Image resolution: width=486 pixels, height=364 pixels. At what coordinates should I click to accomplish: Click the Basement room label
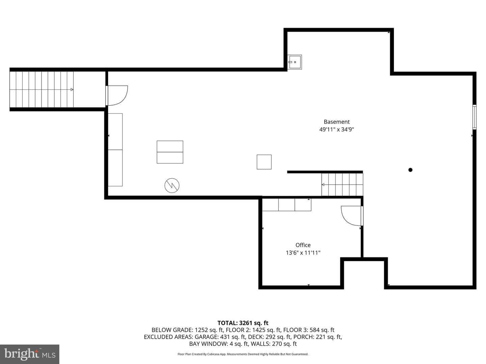click(x=336, y=122)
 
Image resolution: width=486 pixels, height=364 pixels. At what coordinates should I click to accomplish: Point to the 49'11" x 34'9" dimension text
click(x=336, y=129)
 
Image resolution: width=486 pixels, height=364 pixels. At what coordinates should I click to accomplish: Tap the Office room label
click(x=303, y=245)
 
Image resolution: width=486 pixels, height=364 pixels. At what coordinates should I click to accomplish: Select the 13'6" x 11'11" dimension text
click(x=303, y=253)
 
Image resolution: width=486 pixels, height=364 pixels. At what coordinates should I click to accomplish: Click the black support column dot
click(x=410, y=170)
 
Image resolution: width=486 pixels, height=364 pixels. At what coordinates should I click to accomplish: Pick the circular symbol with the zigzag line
click(x=172, y=185)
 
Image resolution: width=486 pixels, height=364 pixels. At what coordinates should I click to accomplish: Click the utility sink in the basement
click(x=295, y=62)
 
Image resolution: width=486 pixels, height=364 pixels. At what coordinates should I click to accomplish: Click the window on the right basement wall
click(x=474, y=117)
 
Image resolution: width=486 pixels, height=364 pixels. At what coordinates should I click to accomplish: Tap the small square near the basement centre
click(x=264, y=162)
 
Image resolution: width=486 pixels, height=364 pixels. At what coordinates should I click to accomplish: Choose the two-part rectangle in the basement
click(x=170, y=152)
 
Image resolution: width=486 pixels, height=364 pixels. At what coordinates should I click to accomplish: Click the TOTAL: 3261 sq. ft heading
click(x=243, y=323)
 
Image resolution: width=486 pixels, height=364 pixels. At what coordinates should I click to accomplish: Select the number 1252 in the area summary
click(x=201, y=330)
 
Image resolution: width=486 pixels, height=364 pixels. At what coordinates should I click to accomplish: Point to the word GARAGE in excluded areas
click(x=207, y=337)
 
